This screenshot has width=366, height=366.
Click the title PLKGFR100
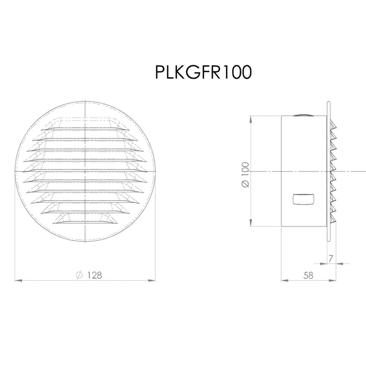coord(203,72)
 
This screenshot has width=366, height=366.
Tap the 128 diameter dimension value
coord(95,275)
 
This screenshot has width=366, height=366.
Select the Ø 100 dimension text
coord(245,175)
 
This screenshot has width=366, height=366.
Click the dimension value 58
coord(308,276)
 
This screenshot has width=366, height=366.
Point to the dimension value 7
coord(330,259)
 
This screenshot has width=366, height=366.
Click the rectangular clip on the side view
coord(303,199)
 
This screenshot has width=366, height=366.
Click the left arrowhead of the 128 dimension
coord(18,280)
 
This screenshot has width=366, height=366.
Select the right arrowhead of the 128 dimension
coord(152,280)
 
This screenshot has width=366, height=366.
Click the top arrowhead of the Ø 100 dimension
coord(250,119)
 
